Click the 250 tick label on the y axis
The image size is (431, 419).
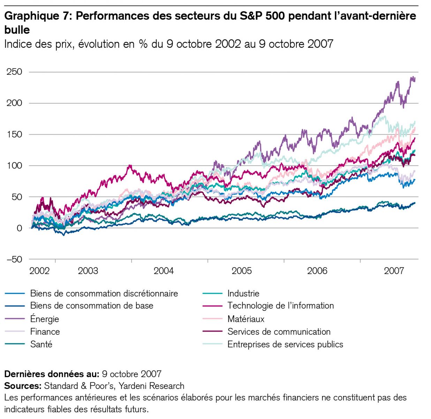(14, 72)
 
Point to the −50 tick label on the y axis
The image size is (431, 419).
(14, 259)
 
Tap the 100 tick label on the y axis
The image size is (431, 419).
(14, 166)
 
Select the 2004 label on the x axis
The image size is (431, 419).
(164, 271)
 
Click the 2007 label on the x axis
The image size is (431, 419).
(394, 271)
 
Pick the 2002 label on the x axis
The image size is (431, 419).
(39, 271)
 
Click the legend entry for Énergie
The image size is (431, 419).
(45, 319)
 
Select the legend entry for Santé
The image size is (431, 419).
(41, 344)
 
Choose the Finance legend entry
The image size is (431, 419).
(45, 332)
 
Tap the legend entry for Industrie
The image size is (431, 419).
(243, 293)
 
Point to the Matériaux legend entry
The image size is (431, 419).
(246, 319)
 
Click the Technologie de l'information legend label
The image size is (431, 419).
(281, 306)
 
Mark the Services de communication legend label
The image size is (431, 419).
(279, 332)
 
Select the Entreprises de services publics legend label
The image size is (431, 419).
(285, 344)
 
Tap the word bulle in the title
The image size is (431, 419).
(17, 30)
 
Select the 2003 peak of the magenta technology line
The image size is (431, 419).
(130, 166)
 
